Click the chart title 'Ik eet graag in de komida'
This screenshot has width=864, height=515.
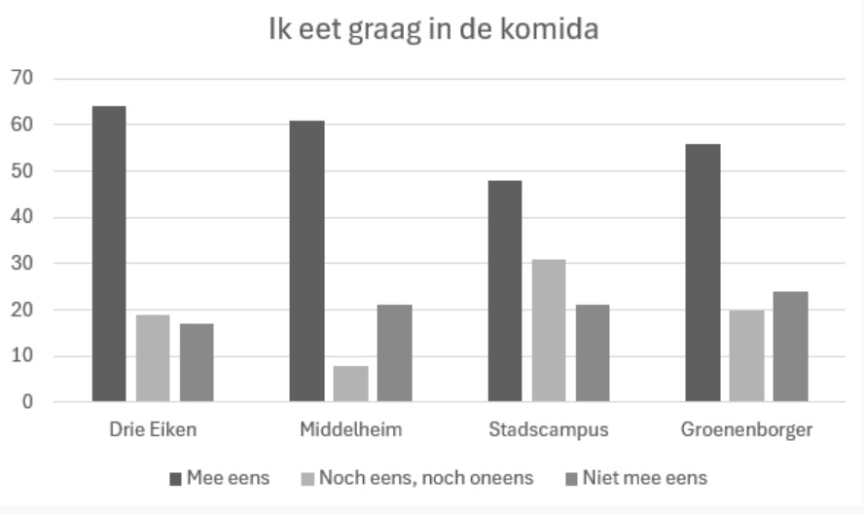[433, 30]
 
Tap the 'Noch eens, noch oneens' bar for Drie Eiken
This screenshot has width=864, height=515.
[153, 357]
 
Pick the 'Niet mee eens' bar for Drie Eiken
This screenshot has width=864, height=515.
[197, 362]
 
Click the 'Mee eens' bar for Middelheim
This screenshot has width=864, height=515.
[307, 261]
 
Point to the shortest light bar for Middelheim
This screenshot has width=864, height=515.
[351, 384]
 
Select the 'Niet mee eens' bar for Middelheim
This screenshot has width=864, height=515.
[395, 352]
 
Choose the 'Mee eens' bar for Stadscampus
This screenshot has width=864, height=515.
[505, 290]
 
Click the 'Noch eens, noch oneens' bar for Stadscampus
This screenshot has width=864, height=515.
[549, 330]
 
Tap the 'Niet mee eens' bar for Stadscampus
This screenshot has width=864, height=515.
[593, 352]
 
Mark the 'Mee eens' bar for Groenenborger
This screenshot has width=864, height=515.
[702, 273]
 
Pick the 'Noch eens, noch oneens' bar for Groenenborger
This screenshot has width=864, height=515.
[746, 355]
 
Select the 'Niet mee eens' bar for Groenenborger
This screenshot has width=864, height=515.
[790, 346]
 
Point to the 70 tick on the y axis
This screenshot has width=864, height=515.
[21, 78]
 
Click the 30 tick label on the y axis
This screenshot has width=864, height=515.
[21, 263]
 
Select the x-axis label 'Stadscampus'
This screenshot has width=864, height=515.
[549, 429]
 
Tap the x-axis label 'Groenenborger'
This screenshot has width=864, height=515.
[746, 429]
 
